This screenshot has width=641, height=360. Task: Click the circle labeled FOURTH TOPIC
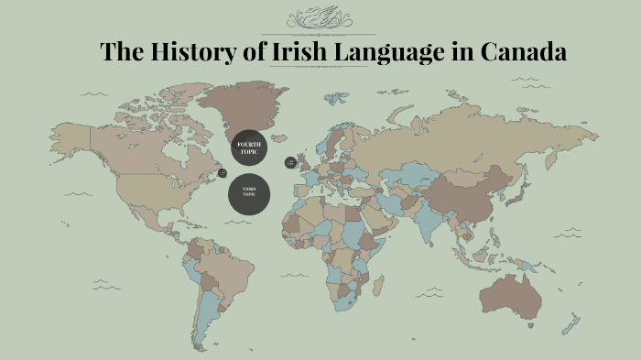pos(250,147)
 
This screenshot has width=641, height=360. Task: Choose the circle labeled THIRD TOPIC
pos(249,192)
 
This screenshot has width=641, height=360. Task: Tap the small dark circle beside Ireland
pos(291,162)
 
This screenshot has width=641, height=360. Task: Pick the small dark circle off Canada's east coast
pos(223,172)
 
